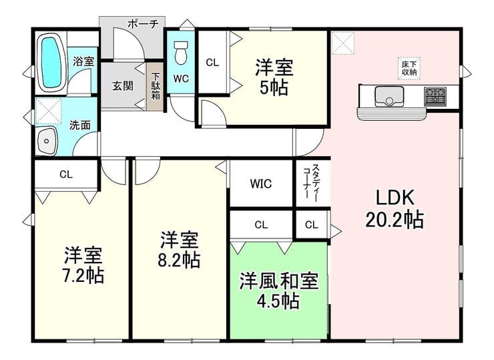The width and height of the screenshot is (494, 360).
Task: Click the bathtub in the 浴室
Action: (x=51, y=63)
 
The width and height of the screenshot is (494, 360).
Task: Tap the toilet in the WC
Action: (x=180, y=53)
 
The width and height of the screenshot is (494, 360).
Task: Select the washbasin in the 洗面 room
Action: (x=47, y=141)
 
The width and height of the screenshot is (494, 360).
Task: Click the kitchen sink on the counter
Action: (x=389, y=96)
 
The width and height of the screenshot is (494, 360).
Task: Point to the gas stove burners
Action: (x=435, y=96)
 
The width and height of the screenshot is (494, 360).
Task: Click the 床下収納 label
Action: (x=409, y=68)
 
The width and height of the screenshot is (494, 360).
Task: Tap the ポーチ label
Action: (x=143, y=23)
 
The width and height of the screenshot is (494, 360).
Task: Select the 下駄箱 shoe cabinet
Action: (x=156, y=86)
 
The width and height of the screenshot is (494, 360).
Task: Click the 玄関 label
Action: (x=123, y=85)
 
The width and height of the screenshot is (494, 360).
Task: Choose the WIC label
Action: (x=261, y=184)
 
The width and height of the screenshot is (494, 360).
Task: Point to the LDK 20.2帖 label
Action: (x=395, y=208)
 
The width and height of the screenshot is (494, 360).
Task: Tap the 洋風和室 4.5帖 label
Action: (x=279, y=290)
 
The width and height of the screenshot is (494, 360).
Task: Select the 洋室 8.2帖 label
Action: (x=179, y=249)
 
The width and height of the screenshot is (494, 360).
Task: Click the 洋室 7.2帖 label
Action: (x=83, y=265)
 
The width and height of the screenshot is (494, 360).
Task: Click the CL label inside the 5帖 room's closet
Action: (x=212, y=62)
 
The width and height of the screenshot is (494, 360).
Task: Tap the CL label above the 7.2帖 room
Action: (x=66, y=174)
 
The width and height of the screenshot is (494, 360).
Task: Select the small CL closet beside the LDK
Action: (x=312, y=225)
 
